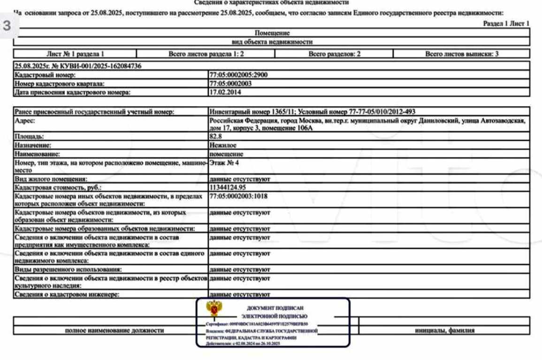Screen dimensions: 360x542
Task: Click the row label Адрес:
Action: coord(25,120)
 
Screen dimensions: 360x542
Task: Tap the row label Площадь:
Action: coord(29,137)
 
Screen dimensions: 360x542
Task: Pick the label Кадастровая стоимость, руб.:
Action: coord(59,187)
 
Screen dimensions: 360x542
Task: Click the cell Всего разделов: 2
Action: coord(334,54)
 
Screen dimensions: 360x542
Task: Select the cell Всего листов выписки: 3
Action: coord(462,54)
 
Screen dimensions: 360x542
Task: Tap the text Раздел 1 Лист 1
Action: coord(506,23)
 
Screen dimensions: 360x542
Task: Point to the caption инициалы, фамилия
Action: coord(444,330)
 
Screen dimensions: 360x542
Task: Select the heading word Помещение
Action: coord(272,33)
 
